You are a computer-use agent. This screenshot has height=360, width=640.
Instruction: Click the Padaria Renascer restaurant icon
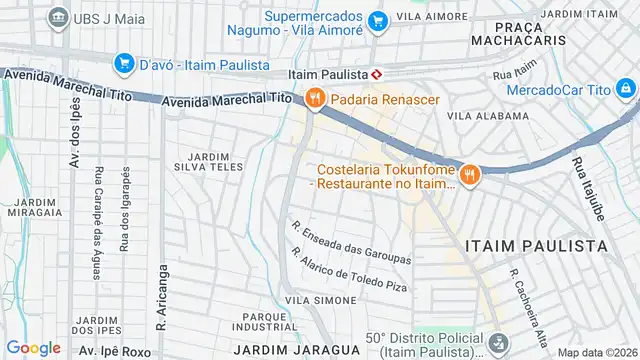314,97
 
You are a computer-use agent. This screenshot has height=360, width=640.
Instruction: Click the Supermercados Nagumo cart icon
377,20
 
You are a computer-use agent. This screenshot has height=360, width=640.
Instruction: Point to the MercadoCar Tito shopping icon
625,91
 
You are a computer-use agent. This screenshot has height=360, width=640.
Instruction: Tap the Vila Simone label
315,299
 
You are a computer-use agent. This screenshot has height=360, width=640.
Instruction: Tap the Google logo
33,347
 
